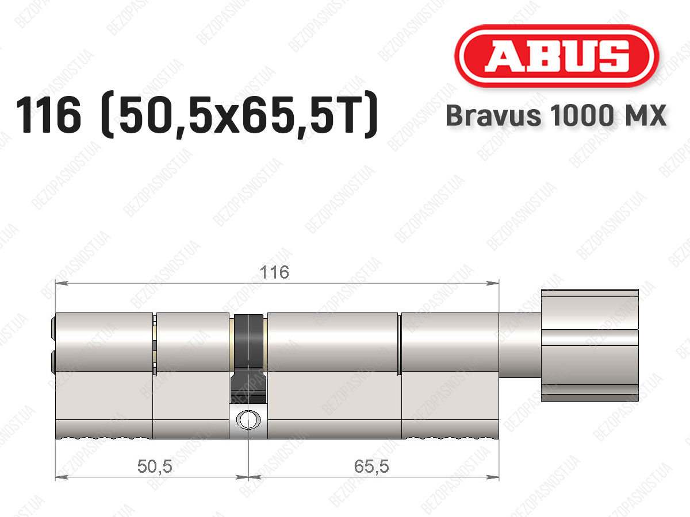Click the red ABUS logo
click(557, 56)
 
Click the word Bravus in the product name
click(493, 115)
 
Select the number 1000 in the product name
click(582, 115)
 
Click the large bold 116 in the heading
click(49, 114)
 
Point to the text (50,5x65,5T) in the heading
click(239, 114)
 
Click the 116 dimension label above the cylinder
click(274, 272)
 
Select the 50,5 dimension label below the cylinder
click(155, 466)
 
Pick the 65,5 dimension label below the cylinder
click(371, 466)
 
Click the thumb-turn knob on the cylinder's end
click(590, 345)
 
